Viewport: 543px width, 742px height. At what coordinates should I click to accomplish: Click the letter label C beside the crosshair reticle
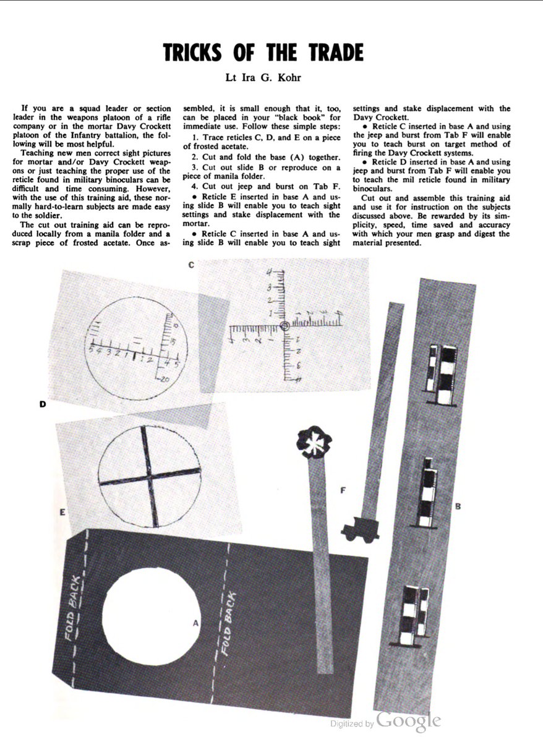(191, 265)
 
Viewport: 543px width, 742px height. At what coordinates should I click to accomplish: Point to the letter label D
(43, 404)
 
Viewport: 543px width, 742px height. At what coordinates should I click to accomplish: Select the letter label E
(62, 511)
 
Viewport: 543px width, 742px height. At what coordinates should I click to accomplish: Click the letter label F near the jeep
(343, 490)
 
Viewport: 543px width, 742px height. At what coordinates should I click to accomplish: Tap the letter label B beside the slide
(458, 506)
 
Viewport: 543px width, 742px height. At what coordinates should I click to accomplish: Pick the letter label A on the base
(195, 623)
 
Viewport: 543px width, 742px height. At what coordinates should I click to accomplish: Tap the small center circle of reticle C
(284, 326)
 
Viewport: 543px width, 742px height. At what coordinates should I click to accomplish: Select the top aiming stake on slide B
(442, 376)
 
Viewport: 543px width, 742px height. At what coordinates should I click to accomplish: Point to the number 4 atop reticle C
(270, 273)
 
